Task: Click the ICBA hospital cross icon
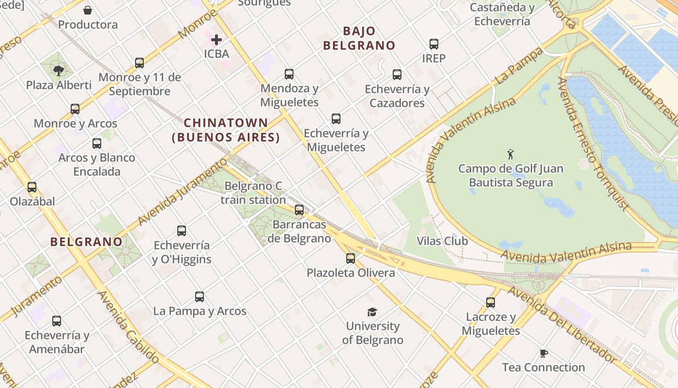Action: (216, 39)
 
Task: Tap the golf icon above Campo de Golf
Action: (510, 155)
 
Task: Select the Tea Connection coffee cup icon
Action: (544, 353)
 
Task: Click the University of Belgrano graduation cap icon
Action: (372, 312)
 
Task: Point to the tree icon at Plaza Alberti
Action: (59, 71)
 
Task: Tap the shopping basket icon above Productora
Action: (88, 10)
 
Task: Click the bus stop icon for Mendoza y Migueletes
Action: (289, 74)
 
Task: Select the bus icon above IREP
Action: (434, 44)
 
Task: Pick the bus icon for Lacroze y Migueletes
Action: (491, 303)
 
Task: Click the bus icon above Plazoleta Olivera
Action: (351, 259)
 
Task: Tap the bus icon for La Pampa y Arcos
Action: (200, 297)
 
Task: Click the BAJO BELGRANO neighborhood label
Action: (359, 38)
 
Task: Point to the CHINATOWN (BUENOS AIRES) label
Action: (226, 130)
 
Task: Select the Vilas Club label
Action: (443, 241)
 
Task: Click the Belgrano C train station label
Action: (253, 193)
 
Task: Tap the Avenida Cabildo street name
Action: (128, 327)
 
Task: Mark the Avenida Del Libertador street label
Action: (562, 325)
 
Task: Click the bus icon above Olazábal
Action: (32, 187)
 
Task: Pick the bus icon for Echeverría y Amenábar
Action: (57, 321)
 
